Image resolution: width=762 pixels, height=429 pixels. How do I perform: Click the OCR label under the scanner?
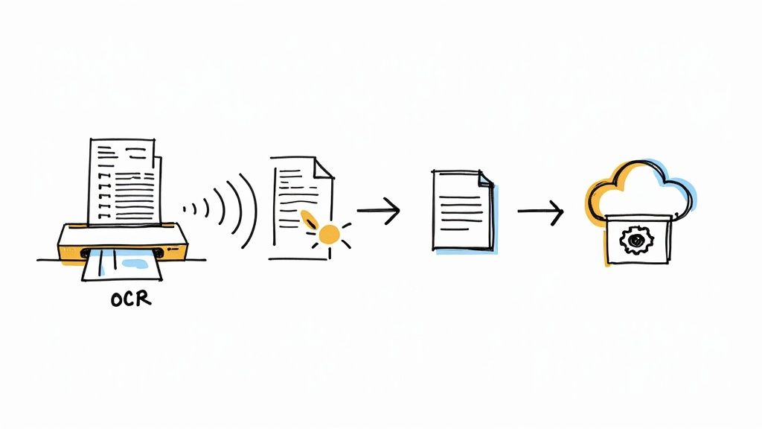(x=130, y=299)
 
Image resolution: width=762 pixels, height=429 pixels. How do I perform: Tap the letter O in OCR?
(x=118, y=299)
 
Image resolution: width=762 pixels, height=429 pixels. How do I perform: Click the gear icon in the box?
(x=635, y=241)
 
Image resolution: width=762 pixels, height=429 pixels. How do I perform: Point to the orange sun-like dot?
(x=327, y=235)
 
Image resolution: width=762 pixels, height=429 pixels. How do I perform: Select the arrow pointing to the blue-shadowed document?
(x=379, y=211)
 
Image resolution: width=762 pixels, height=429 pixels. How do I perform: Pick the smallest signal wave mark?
(x=185, y=208)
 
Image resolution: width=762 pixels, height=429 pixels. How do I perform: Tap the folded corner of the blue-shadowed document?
(x=484, y=179)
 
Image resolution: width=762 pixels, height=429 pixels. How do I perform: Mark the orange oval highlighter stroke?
(x=308, y=220)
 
